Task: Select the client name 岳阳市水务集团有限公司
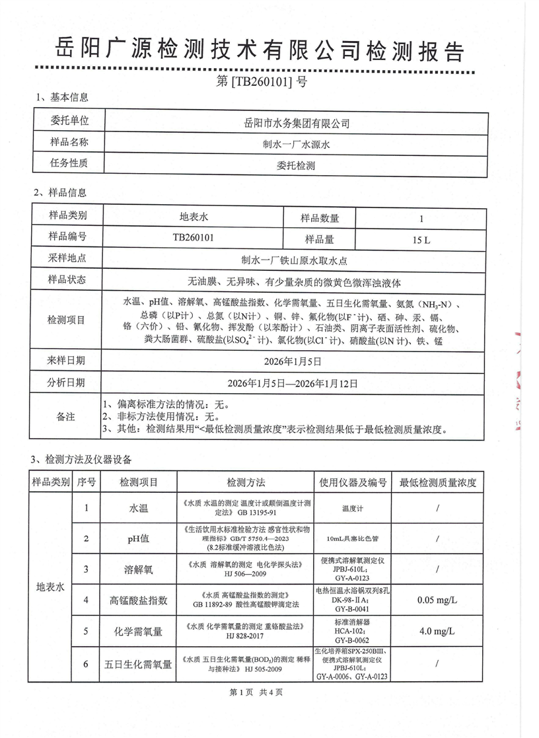pos(297,123)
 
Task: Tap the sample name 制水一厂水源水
pos(297,144)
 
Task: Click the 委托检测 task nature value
pos(297,166)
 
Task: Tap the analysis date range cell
pos(297,383)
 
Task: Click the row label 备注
pos(67,417)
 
